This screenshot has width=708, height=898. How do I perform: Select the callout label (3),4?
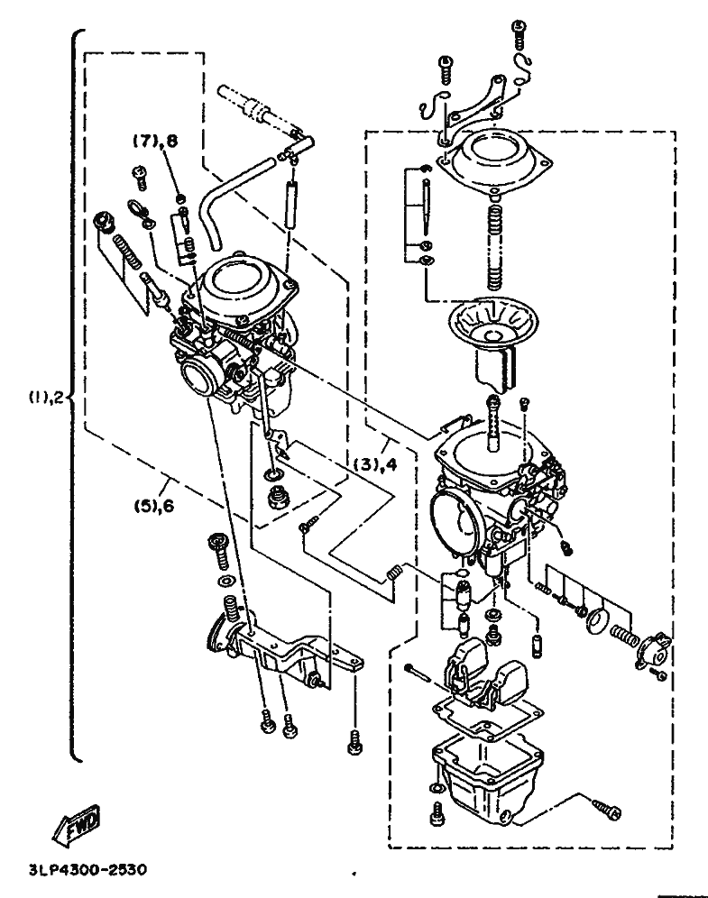tap(374, 463)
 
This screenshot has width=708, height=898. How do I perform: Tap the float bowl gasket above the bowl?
tap(487, 717)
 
